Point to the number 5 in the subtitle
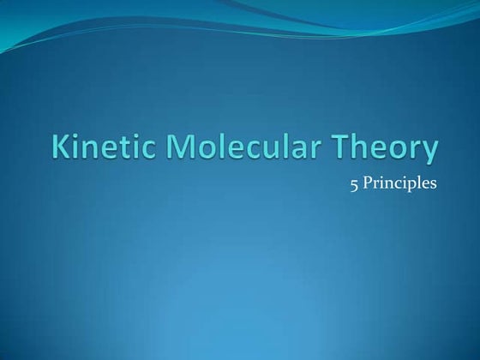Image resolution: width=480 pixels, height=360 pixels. click(x=354, y=183)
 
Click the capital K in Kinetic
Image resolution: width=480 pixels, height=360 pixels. click(x=63, y=148)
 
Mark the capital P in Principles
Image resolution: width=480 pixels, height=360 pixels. click(x=369, y=183)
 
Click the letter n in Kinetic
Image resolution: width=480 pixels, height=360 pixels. click(x=91, y=151)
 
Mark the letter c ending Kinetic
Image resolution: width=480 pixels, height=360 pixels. click(x=147, y=151)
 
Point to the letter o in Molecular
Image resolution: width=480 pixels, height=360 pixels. click(x=202, y=151)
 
